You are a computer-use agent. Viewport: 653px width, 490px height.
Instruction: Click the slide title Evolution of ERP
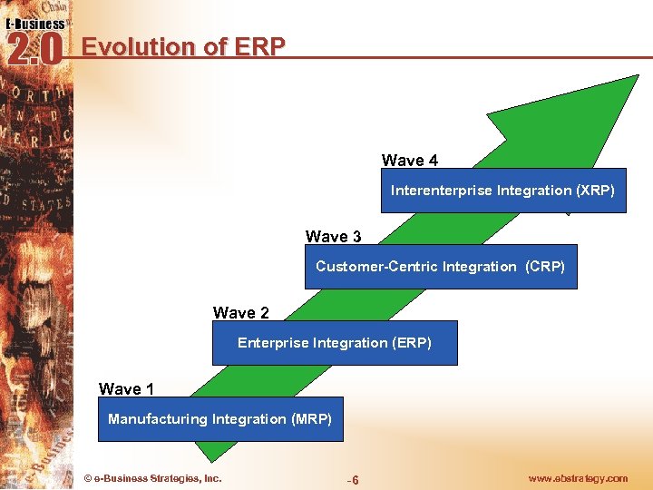point(183,46)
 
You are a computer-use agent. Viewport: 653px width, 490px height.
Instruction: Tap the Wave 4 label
point(410,161)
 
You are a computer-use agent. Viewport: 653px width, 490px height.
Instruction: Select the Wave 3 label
point(333,237)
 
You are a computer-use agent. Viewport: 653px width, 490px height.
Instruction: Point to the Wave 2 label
point(241,313)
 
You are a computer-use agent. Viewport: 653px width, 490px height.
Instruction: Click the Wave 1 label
point(126,389)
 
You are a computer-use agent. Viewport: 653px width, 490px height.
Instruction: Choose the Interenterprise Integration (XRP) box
point(502,191)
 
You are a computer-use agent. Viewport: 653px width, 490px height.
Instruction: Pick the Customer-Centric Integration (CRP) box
point(440,267)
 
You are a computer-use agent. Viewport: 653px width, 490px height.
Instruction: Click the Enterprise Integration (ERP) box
point(334,343)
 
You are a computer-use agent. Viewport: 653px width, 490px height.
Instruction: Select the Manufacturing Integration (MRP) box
point(219,419)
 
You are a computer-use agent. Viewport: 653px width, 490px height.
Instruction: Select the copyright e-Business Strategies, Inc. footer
point(151,478)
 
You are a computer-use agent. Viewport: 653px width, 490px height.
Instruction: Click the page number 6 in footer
point(355,480)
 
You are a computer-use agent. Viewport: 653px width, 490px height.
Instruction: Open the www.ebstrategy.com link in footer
point(577,478)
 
